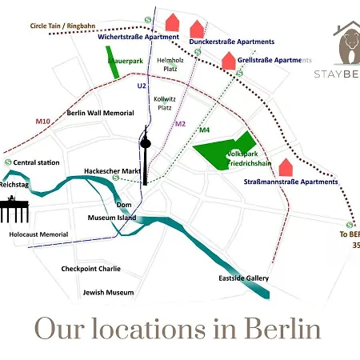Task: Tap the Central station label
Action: click(x=37, y=162)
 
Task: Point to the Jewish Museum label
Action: click(x=108, y=292)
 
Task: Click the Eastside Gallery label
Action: click(x=243, y=278)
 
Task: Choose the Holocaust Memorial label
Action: click(x=33, y=234)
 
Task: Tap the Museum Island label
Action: click(x=111, y=218)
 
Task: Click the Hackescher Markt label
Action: click(x=112, y=171)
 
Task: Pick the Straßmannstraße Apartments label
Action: click(x=290, y=182)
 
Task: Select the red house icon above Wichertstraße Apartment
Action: click(x=172, y=22)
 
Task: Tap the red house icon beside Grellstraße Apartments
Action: click(x=229, y=60)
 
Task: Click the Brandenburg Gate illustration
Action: click(x=14, y=210)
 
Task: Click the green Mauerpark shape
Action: click(x=114, y=62)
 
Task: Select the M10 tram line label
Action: click(x=43, y=122)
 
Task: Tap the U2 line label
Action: click(x=142, y=85)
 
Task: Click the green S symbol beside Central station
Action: click(x=7, y=162)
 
